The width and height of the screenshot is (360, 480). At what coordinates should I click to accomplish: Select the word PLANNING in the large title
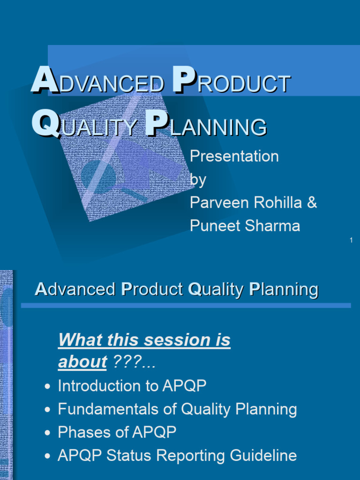(x=206, y=126)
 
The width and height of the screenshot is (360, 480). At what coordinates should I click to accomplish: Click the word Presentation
(x=234, y=156)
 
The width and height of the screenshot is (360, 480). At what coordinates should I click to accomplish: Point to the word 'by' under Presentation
(x=197, y=180)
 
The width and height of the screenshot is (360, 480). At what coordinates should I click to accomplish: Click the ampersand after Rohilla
(x=312, y=202)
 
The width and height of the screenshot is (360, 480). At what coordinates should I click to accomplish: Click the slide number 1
(x=351, y=240)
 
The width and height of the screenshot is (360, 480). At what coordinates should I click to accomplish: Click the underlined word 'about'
(x=82, y=362)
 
